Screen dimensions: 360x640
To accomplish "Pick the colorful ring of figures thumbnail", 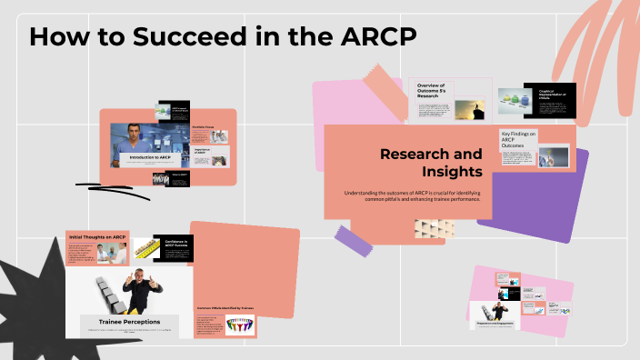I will tap(241, 325).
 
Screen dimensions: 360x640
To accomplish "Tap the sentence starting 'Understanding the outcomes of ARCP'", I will tap(407, 195).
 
